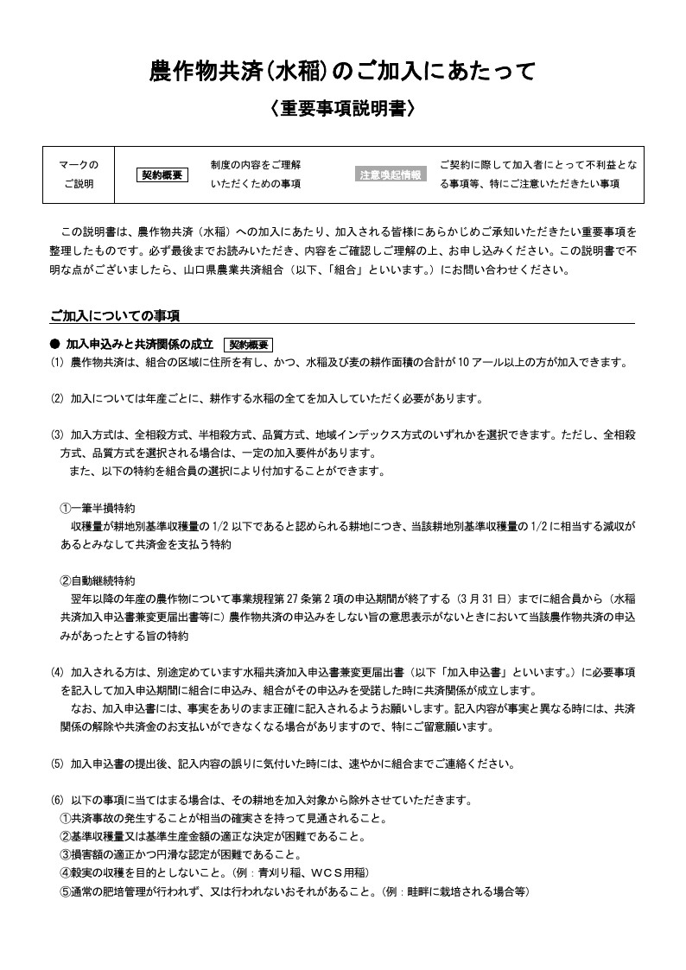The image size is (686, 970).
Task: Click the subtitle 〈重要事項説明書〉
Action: click(343, 109)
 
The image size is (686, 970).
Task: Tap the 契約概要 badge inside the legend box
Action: click(163, 175)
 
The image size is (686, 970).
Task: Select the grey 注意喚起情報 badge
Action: click(391, 175)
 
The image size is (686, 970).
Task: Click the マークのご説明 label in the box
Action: click(79, 174)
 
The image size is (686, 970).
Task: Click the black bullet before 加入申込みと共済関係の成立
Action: click(54, 344)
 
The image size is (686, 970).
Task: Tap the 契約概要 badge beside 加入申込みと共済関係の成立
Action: click(248, 344)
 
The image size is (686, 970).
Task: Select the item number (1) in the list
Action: click(57, 363)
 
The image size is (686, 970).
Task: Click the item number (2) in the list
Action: click(57, 399)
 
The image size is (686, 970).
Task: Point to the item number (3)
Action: click(57, 435)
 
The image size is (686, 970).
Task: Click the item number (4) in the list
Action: click(57, 671)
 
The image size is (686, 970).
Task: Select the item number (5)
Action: click(57, 764)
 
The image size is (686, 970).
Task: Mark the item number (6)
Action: click(57, 800)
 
